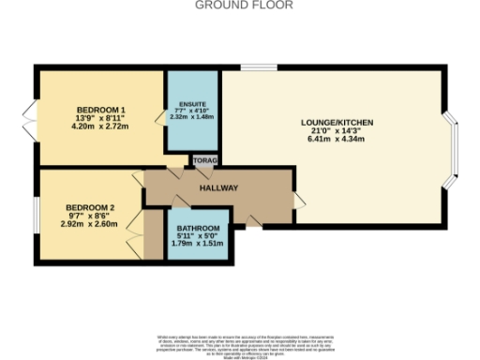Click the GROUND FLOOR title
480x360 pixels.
pos(244,5)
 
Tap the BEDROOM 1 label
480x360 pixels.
pos(100,110)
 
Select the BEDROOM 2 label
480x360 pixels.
pos(90,207)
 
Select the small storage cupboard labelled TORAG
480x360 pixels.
pos(204,162)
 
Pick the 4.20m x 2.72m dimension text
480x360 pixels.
pos(100,127)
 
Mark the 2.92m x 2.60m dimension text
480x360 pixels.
pos(90,225)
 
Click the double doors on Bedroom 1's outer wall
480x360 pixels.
pos(31,117)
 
